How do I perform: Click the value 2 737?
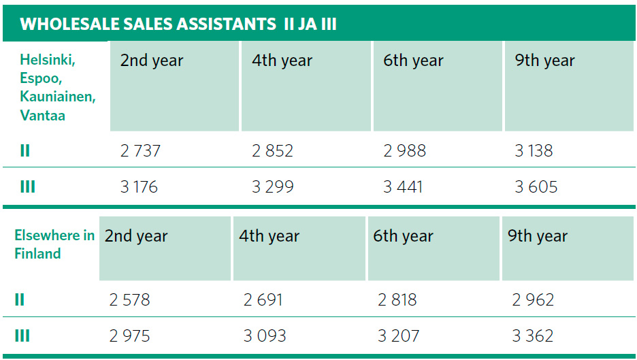(x=140, y=150)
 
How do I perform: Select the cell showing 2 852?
(x=272, y=150)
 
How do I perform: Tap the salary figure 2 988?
(x=404, y=150)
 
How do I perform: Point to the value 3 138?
(x=534, y=150)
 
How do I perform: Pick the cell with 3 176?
(x=139, y=186)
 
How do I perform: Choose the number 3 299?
(x=272, y=186)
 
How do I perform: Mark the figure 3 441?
(x=403, y=186)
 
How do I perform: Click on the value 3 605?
(x=536, y=186)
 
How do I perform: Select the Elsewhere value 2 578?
(x=129, y=300)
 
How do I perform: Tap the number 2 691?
(x=263, y=300)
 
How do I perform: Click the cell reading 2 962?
(x=533, y=300)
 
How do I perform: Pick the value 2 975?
(x=129, y=336)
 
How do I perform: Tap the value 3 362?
(x=533, y=336)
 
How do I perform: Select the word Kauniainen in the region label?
(x=58, y=97)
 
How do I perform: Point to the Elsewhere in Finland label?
(x=54, y=245)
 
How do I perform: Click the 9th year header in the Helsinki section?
(x=544, y=61)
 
